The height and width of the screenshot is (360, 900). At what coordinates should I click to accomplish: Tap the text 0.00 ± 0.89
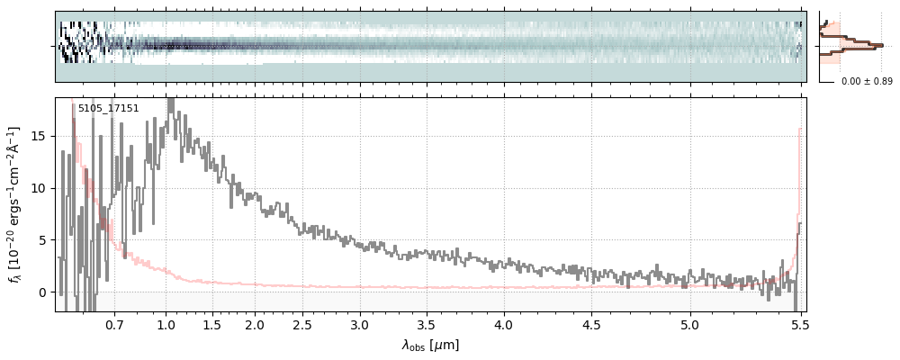(x=866, y=82)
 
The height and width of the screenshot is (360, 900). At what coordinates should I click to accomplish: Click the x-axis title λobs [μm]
(x=430, y=345)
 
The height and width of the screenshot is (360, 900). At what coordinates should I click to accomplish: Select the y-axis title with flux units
(x=14, y=205)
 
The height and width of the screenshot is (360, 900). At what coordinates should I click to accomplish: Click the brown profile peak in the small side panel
(x=880, y=43)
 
